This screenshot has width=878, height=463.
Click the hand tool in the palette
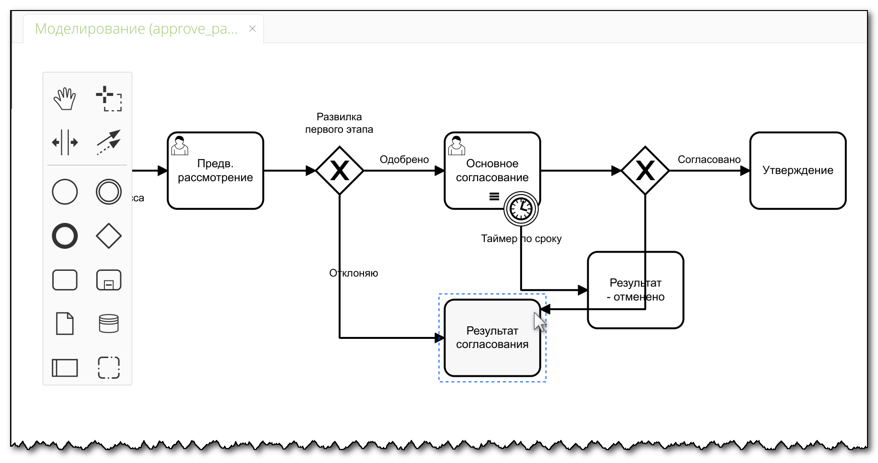pyautogui.click(x=65, y=99)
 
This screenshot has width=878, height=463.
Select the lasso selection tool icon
pyautogui.click(x=109, y=99)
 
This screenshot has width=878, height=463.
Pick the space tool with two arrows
pyautogui.click(x=65, y=142)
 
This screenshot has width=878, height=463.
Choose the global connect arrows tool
pyautogui.click(x=109, y=142)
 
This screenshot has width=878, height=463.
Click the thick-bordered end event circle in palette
pyautogui.click(x=65, y=236)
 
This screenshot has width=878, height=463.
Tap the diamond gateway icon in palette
pyautogui.click(x=109, y=236)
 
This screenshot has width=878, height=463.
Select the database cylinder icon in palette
pyautogui.click(x=109, y=324)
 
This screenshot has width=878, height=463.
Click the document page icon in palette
pyautogui.click(x=65, y=324)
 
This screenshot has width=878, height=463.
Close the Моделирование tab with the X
pyautogui.click(x=252, y=29)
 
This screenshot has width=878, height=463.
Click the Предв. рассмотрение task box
pyautogui.click(x=215, y=171)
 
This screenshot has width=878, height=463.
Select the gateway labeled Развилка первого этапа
pyautogui.click(x=340, y=171)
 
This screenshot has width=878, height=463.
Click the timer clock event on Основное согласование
pyautogui.click(x=521, y=208)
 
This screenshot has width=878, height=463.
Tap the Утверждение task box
pyautogui.click(x=798, y=171)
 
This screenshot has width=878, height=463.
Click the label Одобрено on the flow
pyautogui.click(x=404, y=160)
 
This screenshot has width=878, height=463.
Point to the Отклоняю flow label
pyautogui.click(x=353, y=273)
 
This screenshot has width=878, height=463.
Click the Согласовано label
pyautogui.click(x=709, y=160)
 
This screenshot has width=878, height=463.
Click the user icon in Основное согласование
pyautogui.click(x=456, y=146)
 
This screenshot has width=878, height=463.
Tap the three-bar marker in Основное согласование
pyautogui.click(x=494, y=197)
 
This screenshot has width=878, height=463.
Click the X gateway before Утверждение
pyautogui.click(x=645, y=171)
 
